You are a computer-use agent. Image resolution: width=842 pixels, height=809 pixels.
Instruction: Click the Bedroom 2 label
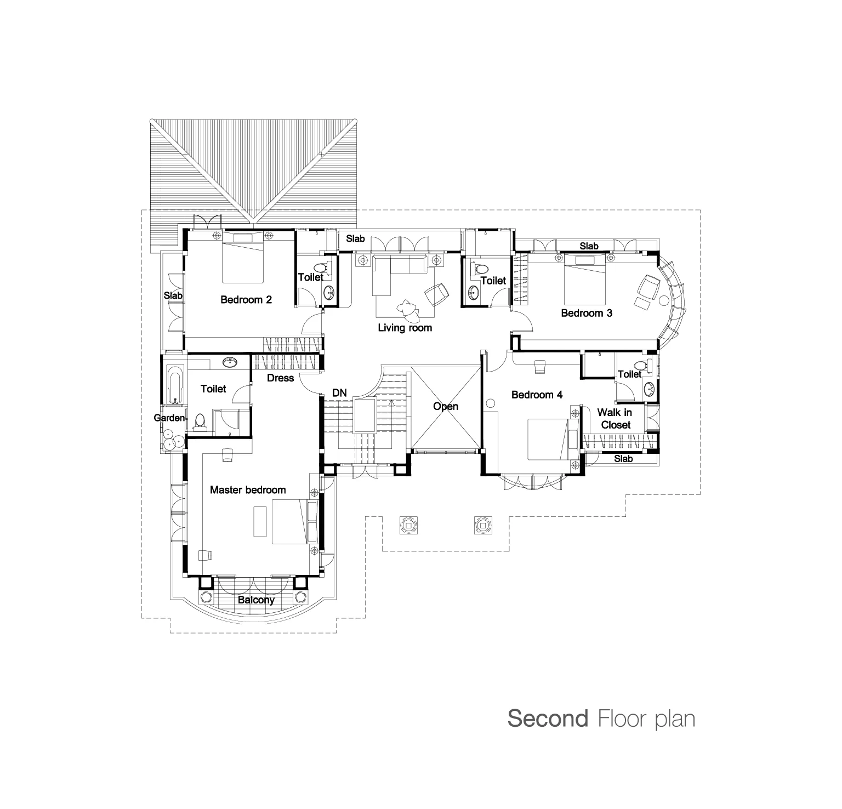[246, 300]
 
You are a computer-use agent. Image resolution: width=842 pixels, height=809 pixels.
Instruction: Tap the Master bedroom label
[248, 490]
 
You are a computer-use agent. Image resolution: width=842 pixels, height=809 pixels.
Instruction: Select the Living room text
[405, 328]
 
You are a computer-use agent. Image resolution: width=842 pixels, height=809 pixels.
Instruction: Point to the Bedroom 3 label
[587, 314]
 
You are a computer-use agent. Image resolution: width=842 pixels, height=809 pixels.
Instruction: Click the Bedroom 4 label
[537, 395]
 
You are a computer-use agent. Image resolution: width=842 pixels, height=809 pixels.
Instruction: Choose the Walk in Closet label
[615, 418]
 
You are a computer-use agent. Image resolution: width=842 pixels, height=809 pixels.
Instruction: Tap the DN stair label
[339, 393]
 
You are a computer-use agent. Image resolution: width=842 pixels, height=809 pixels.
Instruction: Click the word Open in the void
[446, 407]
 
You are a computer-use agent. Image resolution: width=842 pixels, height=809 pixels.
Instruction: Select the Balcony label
[256, 600]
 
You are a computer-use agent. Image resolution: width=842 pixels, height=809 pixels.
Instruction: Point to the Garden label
[169, 418]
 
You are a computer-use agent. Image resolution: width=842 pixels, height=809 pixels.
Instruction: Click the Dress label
[281, 378]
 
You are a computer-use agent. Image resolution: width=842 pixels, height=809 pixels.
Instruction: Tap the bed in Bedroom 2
[243, 257]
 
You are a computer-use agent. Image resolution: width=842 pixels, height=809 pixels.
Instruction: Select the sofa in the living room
[400, 265]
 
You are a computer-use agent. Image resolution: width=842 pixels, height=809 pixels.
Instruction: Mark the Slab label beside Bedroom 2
[173, 295]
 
